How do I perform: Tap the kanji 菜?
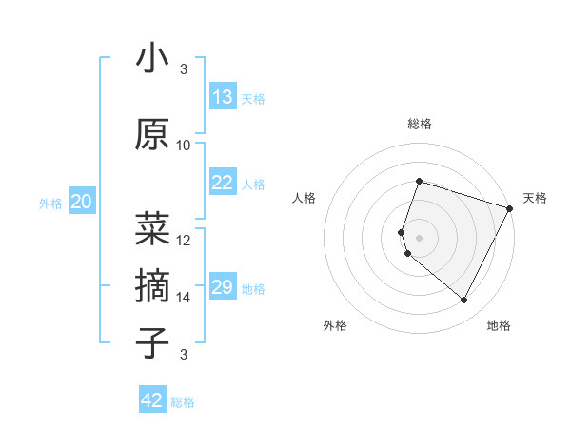pyautogui.click(x=152, y=226)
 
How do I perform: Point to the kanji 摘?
pyautogui.click(x=152, y=284)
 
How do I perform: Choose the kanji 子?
pyautogui.click(x=152, y=342)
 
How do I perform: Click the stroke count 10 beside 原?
pyautogui.click(x=184, y=146)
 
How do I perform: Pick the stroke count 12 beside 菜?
pyautogui.click(x=184, y=240)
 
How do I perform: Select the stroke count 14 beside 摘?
pyautogui.click(x=184, y=298)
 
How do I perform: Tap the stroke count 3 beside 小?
pyautogui.click(x=184, y=69)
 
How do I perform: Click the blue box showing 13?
pyautogui.click(x=222, y=97)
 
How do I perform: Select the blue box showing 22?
pyautogui.click(x=222, y=184)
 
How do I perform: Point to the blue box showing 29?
pyautogui.click(x=222, y=288)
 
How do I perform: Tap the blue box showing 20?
pyautogui.click(x=82, y=202)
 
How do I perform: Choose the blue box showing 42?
pyautogui.click(x=152, y=400)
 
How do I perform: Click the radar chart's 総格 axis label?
pyautogui.click(x=420, y=124)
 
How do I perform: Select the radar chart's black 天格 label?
pyautogui.click(x=535, y=198)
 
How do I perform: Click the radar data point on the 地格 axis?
pyautogui.click(x=463, y=301)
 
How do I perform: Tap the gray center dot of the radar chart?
pyautogui.click(x=419, y=238)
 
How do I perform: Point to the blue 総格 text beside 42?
pyautogui.click(x=184, y=402)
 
